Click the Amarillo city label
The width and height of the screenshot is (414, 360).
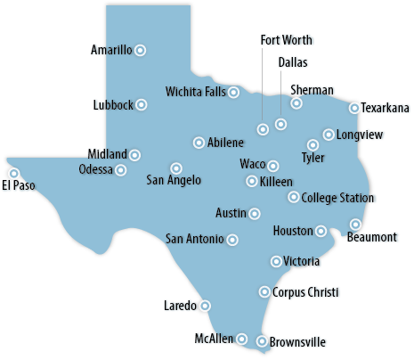coord(111,51)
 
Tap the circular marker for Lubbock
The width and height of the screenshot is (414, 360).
coord(141,104)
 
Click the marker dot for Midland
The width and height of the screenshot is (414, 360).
coord(134,155)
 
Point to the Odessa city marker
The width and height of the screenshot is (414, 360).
coord(121,169)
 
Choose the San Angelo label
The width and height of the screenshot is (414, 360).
coord(174,180)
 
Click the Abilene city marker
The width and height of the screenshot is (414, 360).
coord(198,143)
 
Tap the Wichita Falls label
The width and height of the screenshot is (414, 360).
coord(195,92)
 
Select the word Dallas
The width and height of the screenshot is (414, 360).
coord(293,62)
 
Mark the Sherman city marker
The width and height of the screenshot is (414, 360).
coord(296,103)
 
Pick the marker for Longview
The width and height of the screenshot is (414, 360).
coord(329,135)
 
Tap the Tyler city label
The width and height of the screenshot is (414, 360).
coord(313,158)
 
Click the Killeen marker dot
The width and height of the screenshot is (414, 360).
coord(252,181)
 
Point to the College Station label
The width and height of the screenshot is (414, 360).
coord(337,198)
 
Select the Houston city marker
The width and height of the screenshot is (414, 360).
coord(321,231)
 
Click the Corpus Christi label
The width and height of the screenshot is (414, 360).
coord(305,291)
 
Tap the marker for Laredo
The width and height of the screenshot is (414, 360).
coord(205,305)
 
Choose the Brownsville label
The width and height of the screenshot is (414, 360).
coord(297,341)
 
